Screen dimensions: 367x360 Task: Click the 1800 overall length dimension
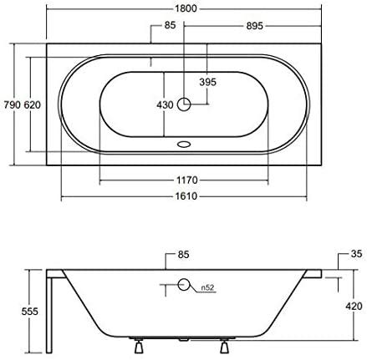tap(186, 8)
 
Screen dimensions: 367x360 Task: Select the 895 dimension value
tap(254, 26)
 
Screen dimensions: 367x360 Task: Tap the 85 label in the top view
tap(170, 25)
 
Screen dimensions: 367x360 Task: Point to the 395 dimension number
tap(208, 82)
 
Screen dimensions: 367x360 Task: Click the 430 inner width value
tap(165, 105)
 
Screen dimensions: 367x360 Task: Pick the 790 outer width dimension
tap(12, 105)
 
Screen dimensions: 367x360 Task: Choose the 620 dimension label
tap(33, 105)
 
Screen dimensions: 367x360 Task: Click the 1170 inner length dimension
tap(187, 180)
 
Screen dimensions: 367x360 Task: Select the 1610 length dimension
tap(186, 196)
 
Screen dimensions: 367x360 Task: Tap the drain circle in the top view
tap(184, 104)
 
